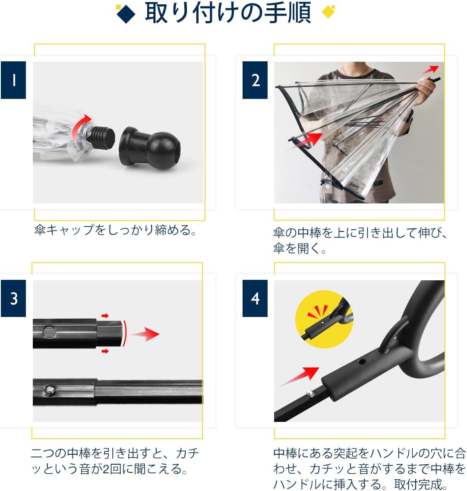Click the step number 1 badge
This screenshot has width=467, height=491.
coord(13,80)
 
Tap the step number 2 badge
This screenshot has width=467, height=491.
coord(255,80)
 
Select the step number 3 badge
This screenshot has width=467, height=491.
coord(13,298)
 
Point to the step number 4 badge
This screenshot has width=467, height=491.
coord(255,298)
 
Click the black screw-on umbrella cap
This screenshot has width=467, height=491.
coord(150,148)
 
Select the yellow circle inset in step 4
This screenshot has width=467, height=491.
coord(324,319)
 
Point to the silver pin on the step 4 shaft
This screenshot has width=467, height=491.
coord(310,393)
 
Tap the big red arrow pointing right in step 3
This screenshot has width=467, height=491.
coord(145,334)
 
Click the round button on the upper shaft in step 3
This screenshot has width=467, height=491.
coord(49,332)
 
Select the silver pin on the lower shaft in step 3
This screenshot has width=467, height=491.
coord(50,390)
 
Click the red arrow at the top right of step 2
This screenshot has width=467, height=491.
coord(430,70)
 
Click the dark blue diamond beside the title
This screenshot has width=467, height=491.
coord(126,14)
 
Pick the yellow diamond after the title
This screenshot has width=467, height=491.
coord(328,12)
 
